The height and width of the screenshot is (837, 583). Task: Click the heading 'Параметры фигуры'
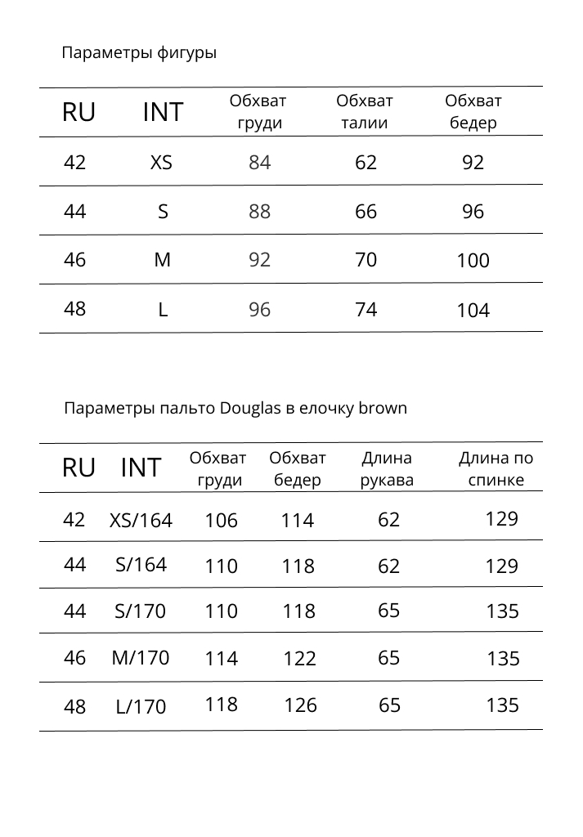(139, 54)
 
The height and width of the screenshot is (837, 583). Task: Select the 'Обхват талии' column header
(365, 112)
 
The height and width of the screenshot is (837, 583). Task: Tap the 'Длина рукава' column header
(387, 469)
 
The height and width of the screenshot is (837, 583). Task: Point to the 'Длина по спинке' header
(496, 469)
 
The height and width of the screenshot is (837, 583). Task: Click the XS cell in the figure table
(161, 163)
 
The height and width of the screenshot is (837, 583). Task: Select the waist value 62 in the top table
(365, 163)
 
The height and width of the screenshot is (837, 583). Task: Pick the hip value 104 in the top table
(473, 311)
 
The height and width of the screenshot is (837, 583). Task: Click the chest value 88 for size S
(259, 212)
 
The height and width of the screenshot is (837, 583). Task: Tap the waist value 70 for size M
(365, 260)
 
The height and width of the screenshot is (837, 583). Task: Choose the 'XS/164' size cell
(141, 521)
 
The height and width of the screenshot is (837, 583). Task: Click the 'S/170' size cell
(141, 611)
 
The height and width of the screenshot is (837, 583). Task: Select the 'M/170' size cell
(141, 658)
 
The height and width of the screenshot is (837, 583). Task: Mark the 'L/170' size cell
(141, 707)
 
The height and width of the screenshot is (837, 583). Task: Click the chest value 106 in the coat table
(221, 521)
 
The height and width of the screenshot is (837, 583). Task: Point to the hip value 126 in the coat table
(300, 705)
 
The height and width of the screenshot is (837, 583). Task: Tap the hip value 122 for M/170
(299, 659)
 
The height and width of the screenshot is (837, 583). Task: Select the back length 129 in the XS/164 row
(501, 519)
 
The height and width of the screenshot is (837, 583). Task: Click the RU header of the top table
(78, 113)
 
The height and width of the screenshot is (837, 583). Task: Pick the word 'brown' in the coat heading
(383, 408)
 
